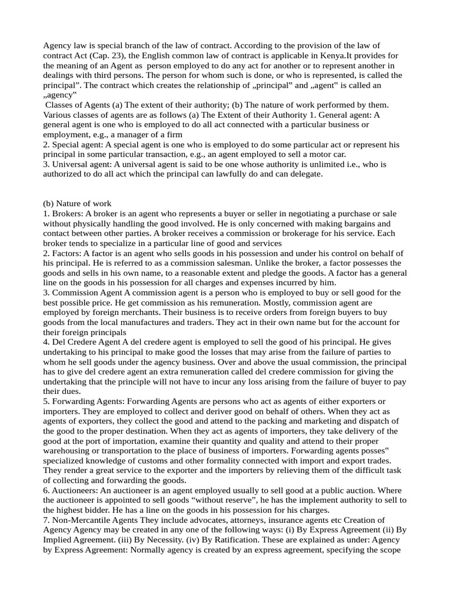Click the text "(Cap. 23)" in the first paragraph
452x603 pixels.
pyautogui.click(x=105, y=55)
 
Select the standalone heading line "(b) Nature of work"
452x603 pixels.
pyautogui.click(x=78, y=204)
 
